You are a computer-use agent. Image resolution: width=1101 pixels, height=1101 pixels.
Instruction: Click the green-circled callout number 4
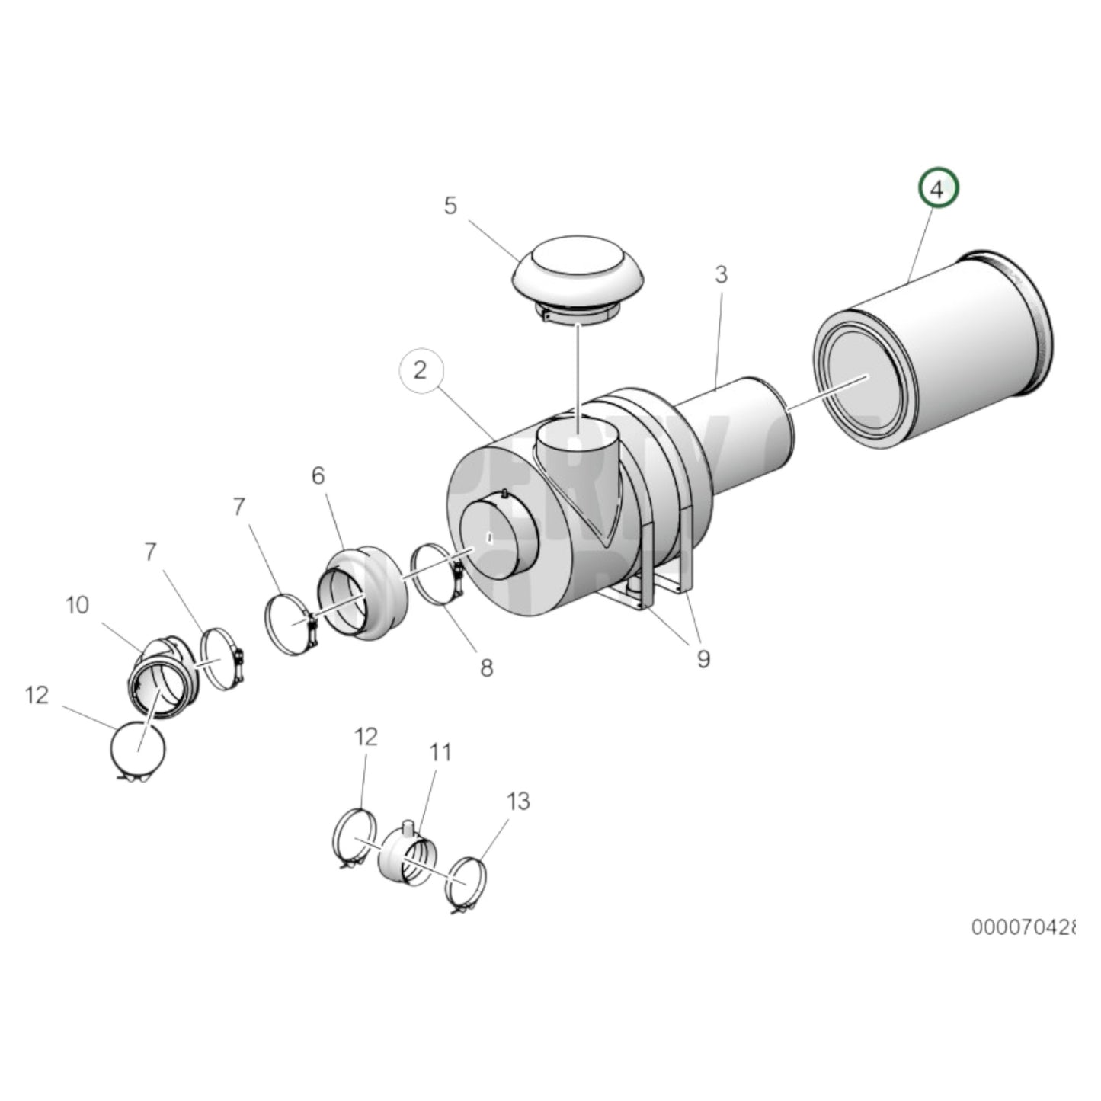pyautogui.click(x=937, y=189)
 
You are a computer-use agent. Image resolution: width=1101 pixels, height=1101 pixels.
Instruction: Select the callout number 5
pyautogui.click(x=450, y=206)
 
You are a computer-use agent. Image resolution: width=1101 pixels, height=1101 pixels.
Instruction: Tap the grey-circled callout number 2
pyautogui.click(x=421, y=371)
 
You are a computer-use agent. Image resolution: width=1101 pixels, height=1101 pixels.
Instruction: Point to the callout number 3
pyautogui.click(x=722, y=275)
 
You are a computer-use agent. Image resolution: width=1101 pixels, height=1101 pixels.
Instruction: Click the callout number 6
pyautogui.click(x=318, y=476)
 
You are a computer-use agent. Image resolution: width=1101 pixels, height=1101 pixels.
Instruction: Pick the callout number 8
pyautogui.click(x=486, y=668)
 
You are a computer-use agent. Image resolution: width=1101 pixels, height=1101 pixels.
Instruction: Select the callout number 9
pyautogui.click(x=703, y=658)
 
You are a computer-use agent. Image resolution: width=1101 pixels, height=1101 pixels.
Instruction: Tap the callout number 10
pyautogui.click(x=77, y=606)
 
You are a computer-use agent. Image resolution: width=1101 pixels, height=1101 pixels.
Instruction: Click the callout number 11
pyautogui.click(x=440, y=753)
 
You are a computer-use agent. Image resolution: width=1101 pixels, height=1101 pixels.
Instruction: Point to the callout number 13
pyautogui.click(x=518, y=802)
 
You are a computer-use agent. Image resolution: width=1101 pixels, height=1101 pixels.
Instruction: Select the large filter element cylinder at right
pyautogui.click(x=937, y=350)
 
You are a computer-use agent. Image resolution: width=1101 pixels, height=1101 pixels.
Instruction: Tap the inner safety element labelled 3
pyautogui.click(x=743, y=427)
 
